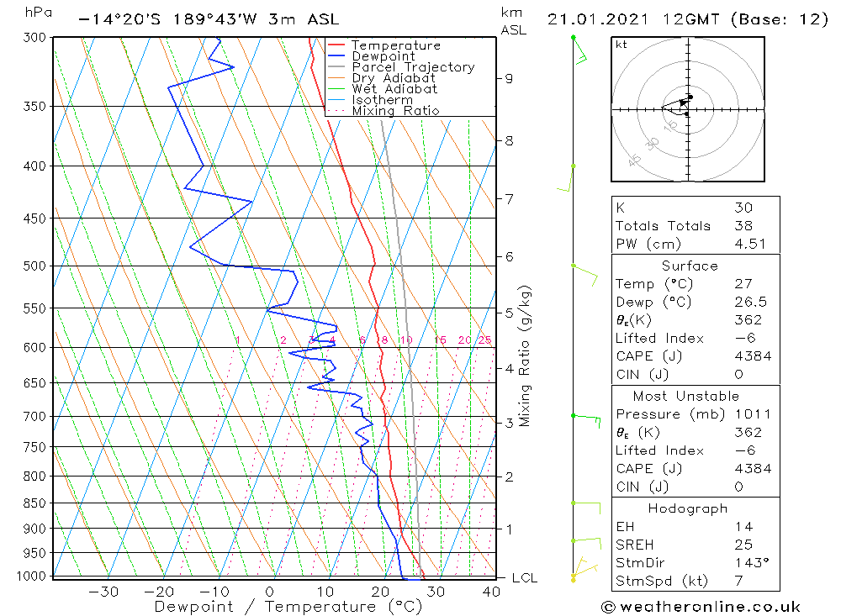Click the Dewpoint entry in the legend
(x=383, y=56)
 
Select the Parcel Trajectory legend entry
(x=413, y=67)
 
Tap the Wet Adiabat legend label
(x=394, y=89)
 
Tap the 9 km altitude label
(x=509, y=78)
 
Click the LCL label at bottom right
(x=524, y=578)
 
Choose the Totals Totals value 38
(x=743, y=226)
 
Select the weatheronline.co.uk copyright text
(x=701, y=607)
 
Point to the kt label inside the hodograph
(x=621, y=45)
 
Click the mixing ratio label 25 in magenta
(x=484, y=340)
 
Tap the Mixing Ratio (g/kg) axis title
(x=526, y=355)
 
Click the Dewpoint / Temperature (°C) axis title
(x=277, y=607)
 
